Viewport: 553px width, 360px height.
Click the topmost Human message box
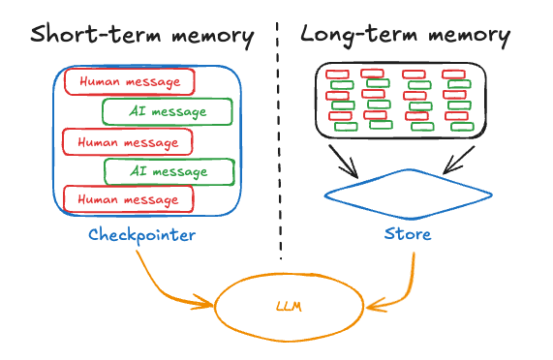[129, 81]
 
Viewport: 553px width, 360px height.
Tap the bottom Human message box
[129, 199]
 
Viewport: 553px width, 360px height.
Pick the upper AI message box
[167, 111]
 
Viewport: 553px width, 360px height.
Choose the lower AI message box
[169, 171]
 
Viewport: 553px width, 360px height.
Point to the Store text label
[407, 234]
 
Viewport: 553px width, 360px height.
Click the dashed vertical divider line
[280, 145]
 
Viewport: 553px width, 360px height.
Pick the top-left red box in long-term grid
[337, 74]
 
